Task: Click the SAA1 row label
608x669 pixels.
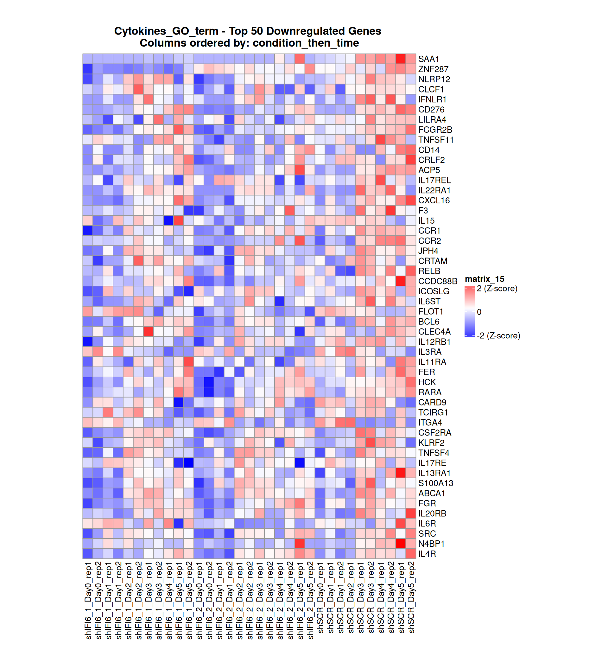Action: (428, 59)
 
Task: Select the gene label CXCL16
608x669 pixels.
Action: (434, 201)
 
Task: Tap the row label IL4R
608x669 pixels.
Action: (427, 554)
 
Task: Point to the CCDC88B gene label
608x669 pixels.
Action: (437, 281)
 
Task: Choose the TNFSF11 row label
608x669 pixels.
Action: (435, 140)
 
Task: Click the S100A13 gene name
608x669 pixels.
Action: (435, 483)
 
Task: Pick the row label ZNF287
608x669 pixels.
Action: (433, 69)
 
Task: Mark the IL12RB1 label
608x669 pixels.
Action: (434, 342)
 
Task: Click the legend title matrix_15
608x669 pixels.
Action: (484, 279)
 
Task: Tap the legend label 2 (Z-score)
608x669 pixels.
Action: (497, 289)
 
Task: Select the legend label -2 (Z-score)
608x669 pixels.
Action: (498, 336)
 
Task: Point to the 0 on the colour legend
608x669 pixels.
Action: (479, 312)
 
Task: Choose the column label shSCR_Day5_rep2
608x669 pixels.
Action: (411, 597)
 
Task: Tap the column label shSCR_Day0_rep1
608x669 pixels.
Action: (320, 597)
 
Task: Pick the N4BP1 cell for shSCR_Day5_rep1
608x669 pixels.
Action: (401, 544)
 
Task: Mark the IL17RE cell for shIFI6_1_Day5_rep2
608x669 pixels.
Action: (189, 463)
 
